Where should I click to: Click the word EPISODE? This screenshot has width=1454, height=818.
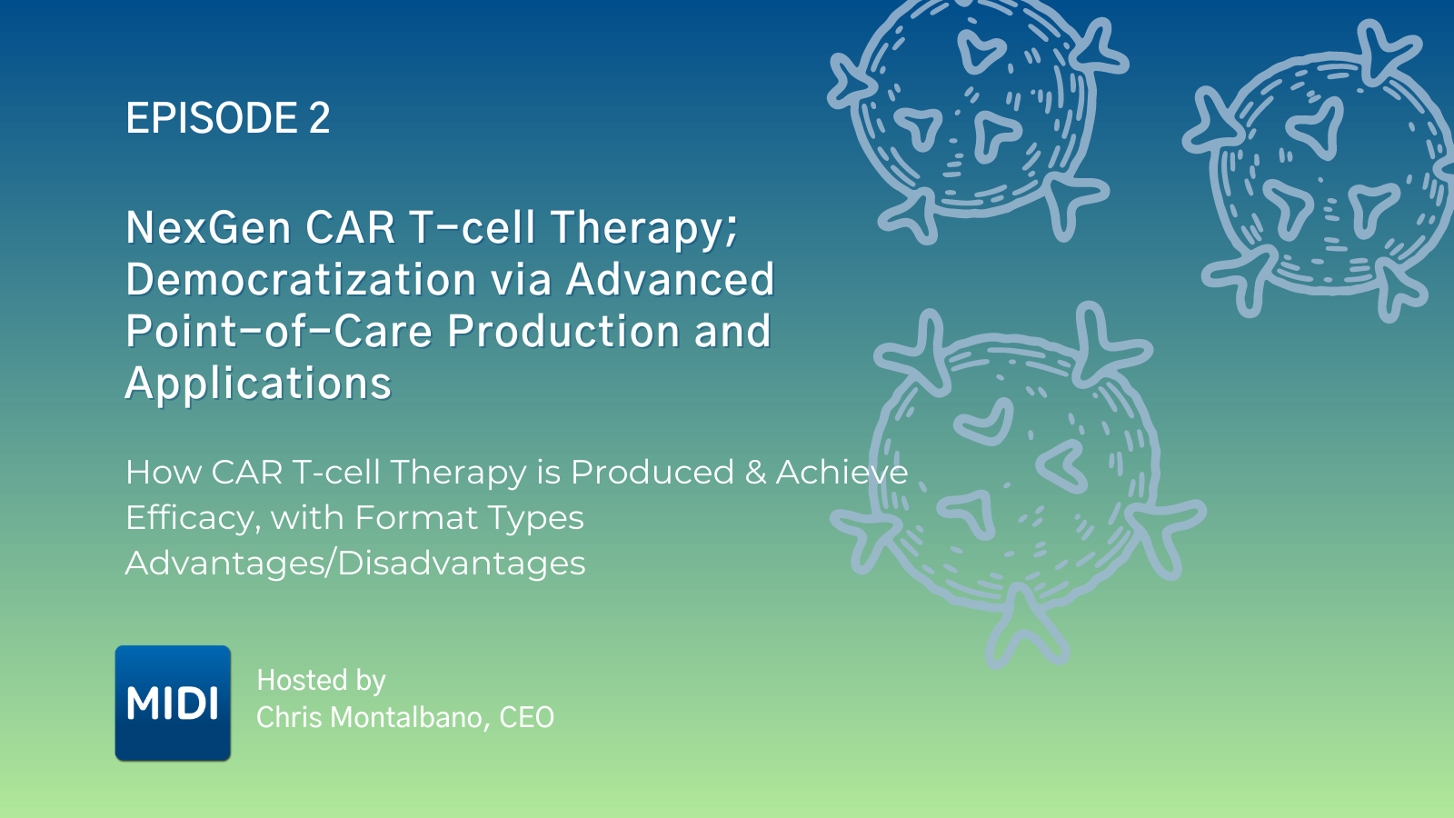pos(212,119)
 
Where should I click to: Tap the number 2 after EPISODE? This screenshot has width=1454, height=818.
pos(319,119)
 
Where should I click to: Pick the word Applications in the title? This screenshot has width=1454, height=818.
pos(258,384)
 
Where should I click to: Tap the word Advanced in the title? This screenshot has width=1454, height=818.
pos(670,279)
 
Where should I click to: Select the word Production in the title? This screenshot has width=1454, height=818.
pos(563,331)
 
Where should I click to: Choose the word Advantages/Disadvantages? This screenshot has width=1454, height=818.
pos(355,564)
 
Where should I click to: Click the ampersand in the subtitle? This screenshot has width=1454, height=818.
pos(755,473)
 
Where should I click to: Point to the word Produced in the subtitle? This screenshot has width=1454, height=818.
pos(652,473)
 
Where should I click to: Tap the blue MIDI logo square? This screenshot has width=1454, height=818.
pos(173,703)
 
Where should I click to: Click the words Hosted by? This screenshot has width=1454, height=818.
pos(322,681)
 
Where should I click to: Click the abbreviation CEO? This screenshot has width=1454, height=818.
pos(527,718)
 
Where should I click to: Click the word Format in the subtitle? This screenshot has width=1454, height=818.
pos(415,518)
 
